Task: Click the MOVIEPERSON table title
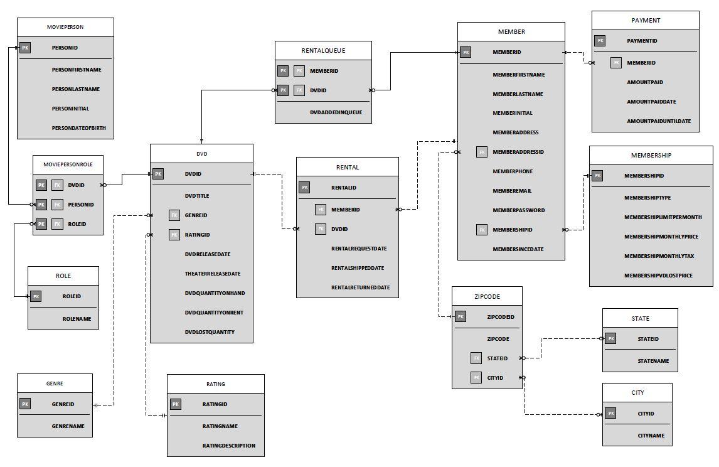point(65,27)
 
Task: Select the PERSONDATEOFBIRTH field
point(78,128)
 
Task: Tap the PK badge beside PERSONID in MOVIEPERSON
point(25,48)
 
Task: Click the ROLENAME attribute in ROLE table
point(77,319)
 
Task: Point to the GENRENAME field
point(68,426)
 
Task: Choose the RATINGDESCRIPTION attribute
point(228,446)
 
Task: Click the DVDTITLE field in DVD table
point(197,196)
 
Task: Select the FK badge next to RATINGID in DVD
point(174,235)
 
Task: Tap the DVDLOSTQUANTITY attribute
point(210,332)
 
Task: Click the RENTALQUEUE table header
point(323,51)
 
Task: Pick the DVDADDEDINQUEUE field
point(336,112)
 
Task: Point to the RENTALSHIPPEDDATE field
point(358,268)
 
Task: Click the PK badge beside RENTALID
point(304,188)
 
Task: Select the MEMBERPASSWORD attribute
point(518,210)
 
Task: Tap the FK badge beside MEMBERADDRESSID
point(482,152)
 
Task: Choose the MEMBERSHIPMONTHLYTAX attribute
point(658,256)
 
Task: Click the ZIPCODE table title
point(487,296)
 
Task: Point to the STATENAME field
point(653,361)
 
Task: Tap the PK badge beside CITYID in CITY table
point(610,414)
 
